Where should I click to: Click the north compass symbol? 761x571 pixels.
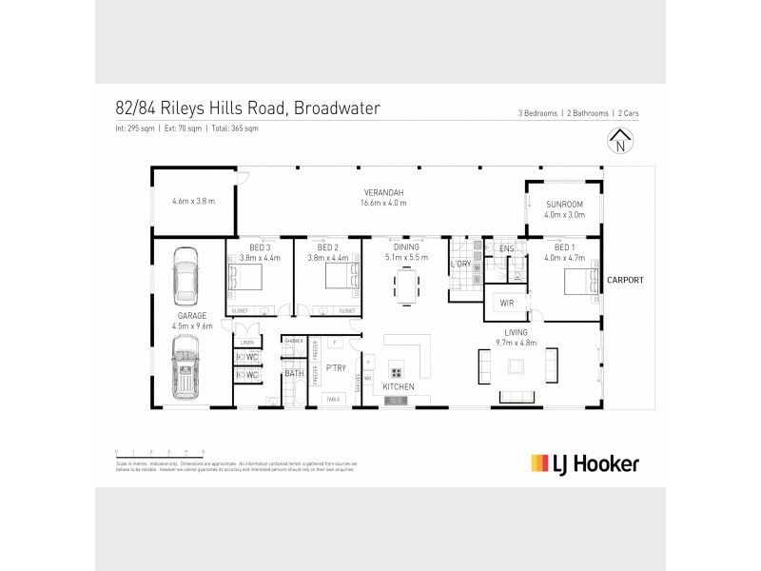point(620,145)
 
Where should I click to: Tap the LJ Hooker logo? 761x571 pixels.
point(583,463)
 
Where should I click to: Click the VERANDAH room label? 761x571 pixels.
point(384,191)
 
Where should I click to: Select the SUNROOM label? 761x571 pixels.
point(564,204)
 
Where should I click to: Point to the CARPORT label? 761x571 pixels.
point(624,281)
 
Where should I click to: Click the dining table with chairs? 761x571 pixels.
point(406,285)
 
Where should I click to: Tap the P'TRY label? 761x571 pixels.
point(335,366)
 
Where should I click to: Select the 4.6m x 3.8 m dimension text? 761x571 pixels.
point(193,202)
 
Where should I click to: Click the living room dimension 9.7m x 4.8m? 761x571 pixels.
point(517,341)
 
